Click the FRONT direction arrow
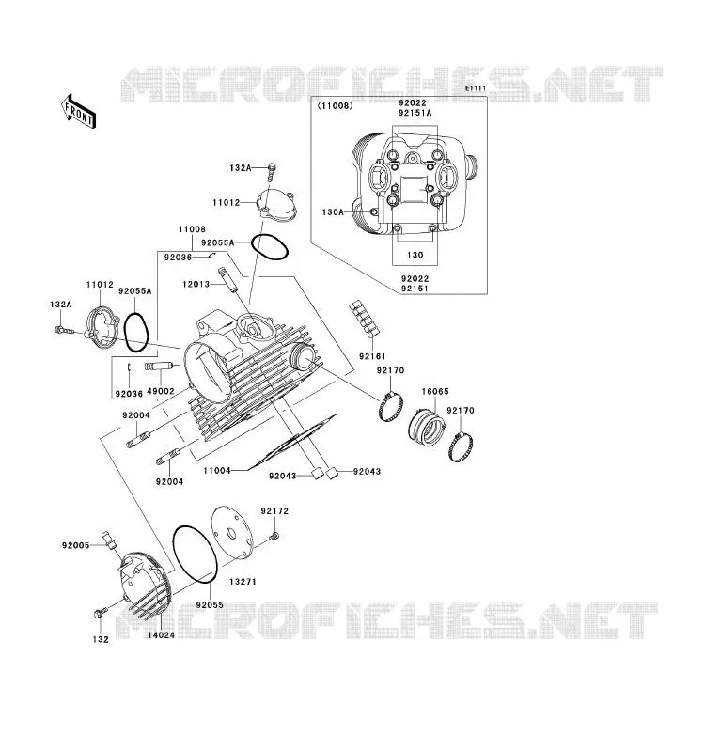(78, 112)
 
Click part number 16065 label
(435, 391)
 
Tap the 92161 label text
(372, 356)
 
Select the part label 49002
(161, 391)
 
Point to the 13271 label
(243, 582)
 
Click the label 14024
(161, 635)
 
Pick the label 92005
(75, 545)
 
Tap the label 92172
(274, 511)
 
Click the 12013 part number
(196, 284)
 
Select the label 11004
(217, 471)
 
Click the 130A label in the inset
(333, 212)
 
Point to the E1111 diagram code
(476, 88)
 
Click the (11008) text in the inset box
(335, 106)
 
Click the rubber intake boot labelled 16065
(426, 427)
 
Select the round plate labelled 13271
(232, 533)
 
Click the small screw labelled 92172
(274, 536)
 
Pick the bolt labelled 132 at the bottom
(101, 612)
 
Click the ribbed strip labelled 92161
(364, 319)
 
